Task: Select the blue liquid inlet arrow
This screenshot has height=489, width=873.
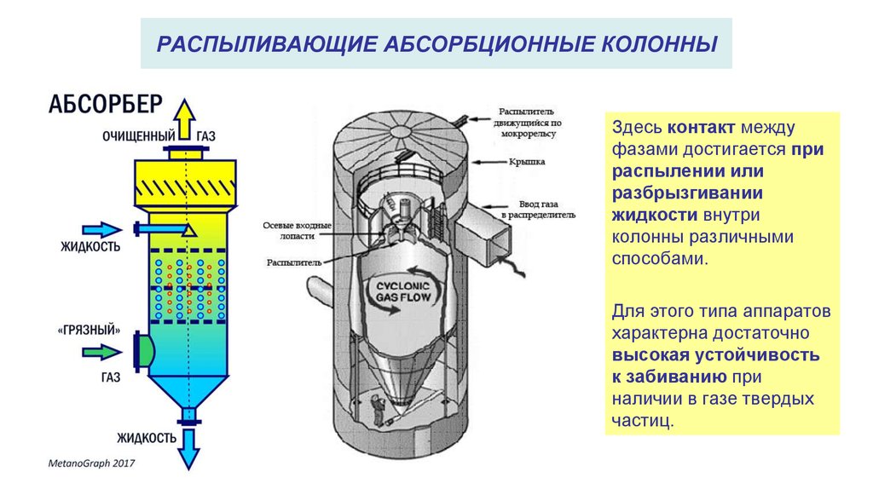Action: [101, 229]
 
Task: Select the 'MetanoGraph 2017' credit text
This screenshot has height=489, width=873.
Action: [90, 463]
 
